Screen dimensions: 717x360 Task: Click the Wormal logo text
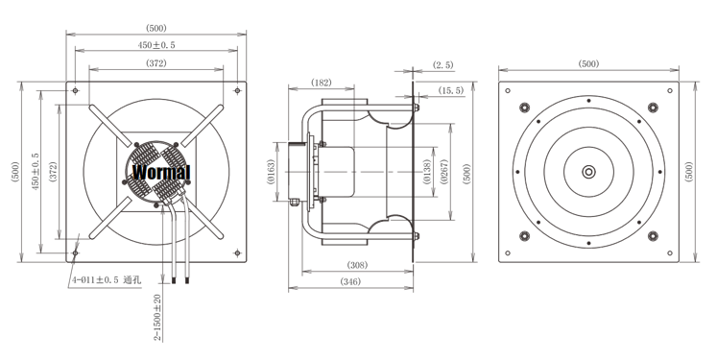(x=161, y=172)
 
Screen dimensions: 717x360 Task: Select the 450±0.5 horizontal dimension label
(x=156, y=45)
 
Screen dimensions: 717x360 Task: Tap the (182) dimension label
(x=321, y=83)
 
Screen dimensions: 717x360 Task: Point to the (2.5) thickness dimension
(x=443, y=65)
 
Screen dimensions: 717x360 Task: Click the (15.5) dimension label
(x=451, y=90)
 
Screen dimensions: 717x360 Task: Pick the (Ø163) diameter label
(x=271, y=172)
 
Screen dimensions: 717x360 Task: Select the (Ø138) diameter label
(x=426, y=172)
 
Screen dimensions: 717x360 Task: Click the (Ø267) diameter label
(x=444, y=172)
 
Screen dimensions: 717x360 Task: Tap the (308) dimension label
(x=357, y=265)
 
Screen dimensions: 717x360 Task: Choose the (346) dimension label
(x=350, y=281)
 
